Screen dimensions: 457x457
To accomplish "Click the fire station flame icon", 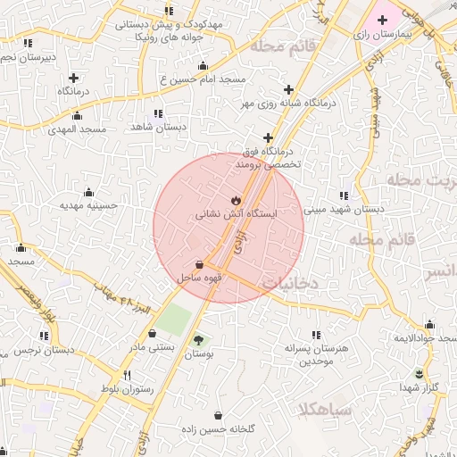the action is tap(236, 200).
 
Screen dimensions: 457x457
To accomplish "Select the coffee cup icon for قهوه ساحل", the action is tap(199, 264).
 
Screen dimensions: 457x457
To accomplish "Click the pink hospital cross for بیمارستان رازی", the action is tap(383, 19).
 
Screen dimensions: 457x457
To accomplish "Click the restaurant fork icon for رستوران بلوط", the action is tap(128, 375).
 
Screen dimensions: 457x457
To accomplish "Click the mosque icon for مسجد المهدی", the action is tap(77, 115).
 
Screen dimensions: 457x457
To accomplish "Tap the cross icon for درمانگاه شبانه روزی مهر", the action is tap(288, 89).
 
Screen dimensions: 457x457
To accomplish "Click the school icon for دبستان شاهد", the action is tap(158, 113).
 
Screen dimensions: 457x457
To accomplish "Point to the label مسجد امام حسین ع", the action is tap(203, 79).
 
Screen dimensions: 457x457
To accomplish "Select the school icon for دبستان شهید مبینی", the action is tap(344, 195).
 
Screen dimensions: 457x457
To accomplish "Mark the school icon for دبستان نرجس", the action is tap(44, 336).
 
